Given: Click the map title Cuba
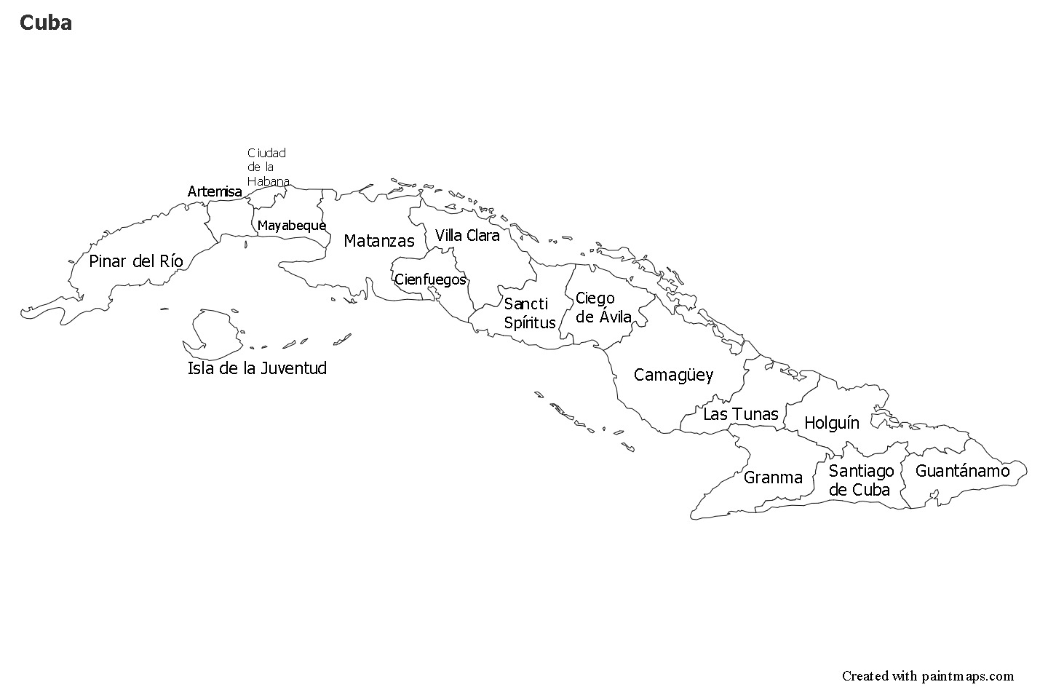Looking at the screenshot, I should (45, 23).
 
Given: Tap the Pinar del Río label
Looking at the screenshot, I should (136, 261).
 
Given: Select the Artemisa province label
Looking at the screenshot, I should (215, 191).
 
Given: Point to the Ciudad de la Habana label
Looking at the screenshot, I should (267, 167).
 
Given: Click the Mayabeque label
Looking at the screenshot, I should (291, 226).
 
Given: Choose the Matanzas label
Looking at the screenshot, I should (378, 241).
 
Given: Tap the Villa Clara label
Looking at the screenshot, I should (467, 235).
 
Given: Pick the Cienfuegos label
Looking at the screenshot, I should (430, 279).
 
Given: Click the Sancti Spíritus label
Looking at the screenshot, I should (529, 314).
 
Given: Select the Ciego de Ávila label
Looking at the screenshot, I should (603, 307).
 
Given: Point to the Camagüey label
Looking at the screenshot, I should (673, 375).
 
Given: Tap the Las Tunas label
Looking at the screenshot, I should (740, 414).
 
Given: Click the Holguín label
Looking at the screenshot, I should (831, 423).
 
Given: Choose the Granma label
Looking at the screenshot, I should (773, 477).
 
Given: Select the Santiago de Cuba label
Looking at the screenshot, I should (860, 480).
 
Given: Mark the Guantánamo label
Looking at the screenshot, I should (962, 471).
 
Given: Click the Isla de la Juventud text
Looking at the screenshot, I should (257, 368).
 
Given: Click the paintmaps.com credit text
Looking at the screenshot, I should (927, 676).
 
